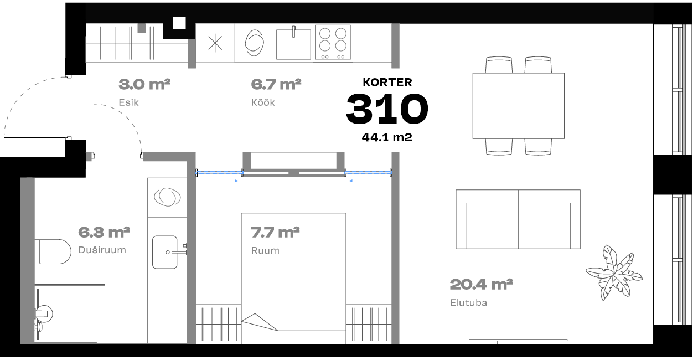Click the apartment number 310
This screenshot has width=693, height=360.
click(387, 109)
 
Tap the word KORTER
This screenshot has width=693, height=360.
click(387, 83)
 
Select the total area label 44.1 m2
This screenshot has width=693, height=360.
click(387, 137)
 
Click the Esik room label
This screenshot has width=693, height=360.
click(129, 102)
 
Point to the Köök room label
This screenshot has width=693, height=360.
click(263, 102)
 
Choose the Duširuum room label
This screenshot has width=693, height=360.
click(102, 250)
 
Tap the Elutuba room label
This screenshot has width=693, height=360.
click(468, 302)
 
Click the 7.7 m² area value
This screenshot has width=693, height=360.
click(275, 233)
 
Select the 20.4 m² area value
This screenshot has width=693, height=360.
click(482, 285)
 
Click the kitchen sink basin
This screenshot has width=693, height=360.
click(293, 44)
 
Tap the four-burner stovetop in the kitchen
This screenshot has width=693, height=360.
click(333, 42)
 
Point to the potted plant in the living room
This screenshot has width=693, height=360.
click(614, 272)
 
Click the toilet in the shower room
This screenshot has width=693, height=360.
click(53, 251)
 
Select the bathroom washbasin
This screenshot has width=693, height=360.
click(165, 252)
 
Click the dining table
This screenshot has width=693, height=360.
click(519, 106)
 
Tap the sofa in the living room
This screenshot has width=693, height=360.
click(518, 219)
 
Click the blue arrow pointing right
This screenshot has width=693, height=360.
click(220, 181)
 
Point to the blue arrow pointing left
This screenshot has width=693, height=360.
click(368, 181)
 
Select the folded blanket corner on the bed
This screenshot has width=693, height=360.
click(259, 322)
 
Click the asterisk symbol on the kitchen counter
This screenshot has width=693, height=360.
click(215, 43)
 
